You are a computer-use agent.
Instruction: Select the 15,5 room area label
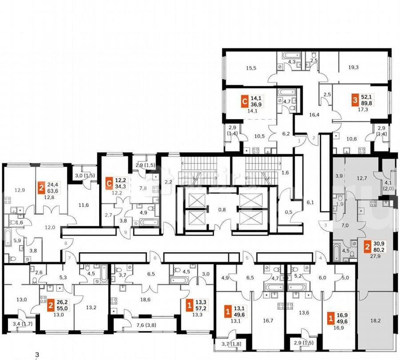[x=251, y=68]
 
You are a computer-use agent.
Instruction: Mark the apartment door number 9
[x=125, y=231]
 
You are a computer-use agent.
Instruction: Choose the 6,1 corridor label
[x=310, y=202]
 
